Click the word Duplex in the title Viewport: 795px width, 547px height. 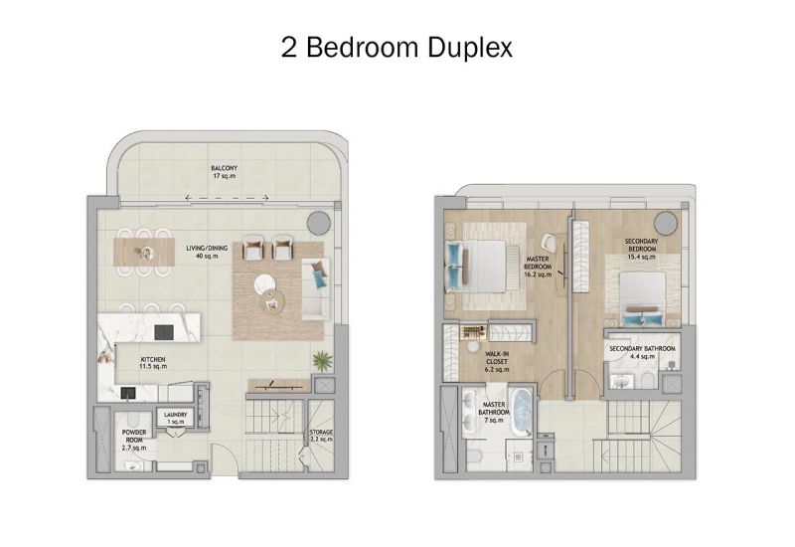469,48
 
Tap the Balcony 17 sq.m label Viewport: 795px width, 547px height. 225,172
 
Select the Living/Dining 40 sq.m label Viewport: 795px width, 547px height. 207,253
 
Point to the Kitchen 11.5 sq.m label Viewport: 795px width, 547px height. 153,363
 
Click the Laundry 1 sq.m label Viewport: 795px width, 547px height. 176,418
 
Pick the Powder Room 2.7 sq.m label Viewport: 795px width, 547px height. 134,440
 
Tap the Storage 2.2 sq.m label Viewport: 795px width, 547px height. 321,436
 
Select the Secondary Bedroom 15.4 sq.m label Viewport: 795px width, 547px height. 641,249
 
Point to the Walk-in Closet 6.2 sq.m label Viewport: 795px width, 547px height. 497,361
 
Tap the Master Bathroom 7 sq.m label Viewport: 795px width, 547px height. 493,412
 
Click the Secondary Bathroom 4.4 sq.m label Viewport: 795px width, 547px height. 642,352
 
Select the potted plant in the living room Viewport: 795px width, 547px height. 322,361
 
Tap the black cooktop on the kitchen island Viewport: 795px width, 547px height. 164,332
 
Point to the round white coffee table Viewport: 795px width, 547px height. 265,283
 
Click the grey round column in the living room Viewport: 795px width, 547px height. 319,223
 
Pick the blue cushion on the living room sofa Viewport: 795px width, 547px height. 319,279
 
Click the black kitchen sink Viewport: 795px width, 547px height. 128,393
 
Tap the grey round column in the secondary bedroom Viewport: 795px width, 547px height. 665,222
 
